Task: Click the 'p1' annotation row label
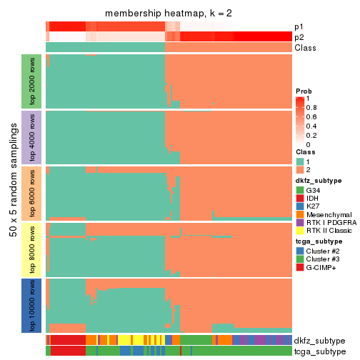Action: (299, 26)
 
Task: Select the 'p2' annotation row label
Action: (299, 37)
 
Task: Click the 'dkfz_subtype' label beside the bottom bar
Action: (319, 341)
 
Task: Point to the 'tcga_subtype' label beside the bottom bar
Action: (319, 351)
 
